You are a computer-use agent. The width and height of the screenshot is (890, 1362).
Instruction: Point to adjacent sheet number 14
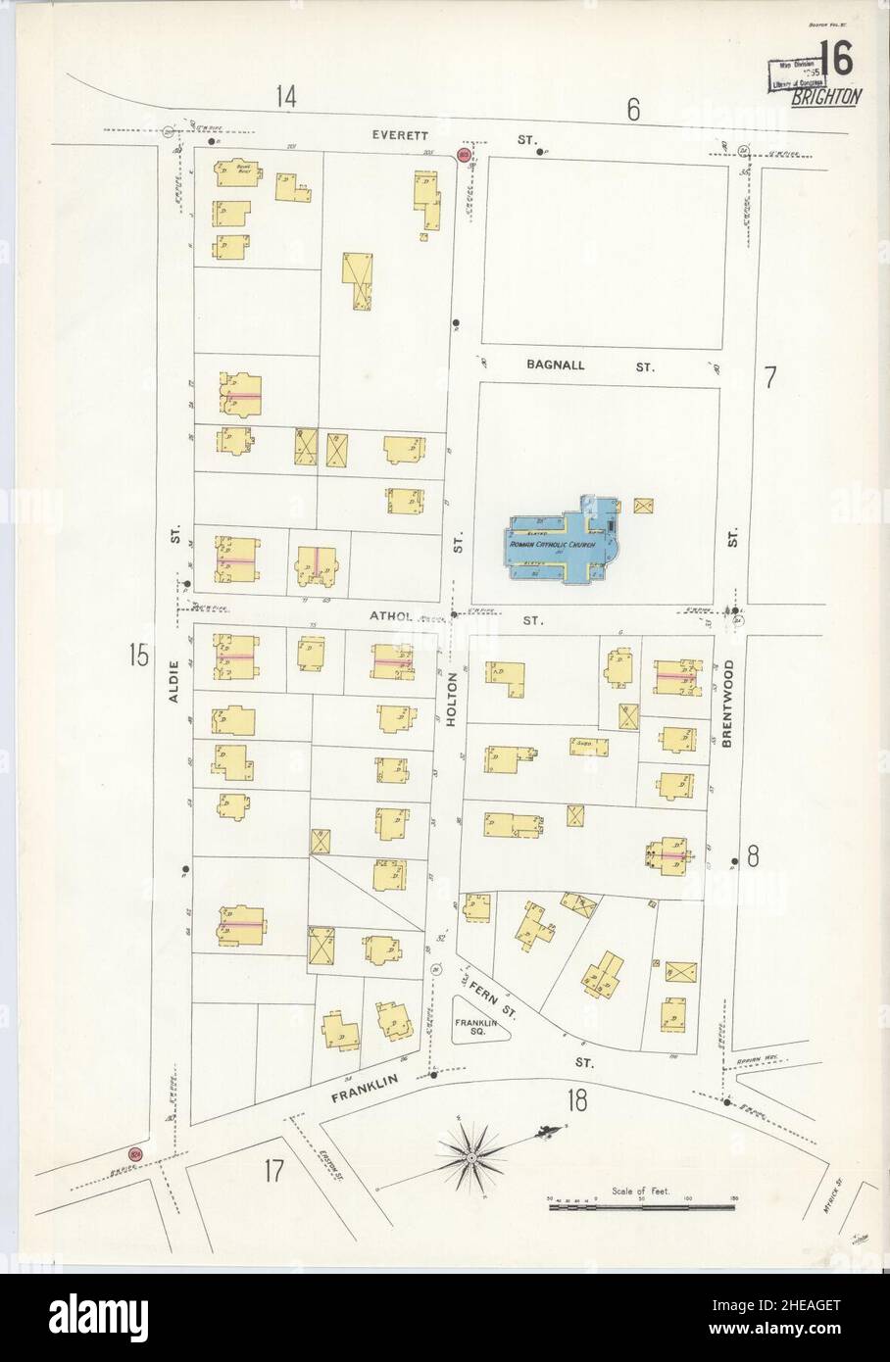point(285,96)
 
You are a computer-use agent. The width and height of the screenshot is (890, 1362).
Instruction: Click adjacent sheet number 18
point(575,1101)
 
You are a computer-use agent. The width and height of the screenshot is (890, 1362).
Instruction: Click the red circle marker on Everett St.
point(464,155)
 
